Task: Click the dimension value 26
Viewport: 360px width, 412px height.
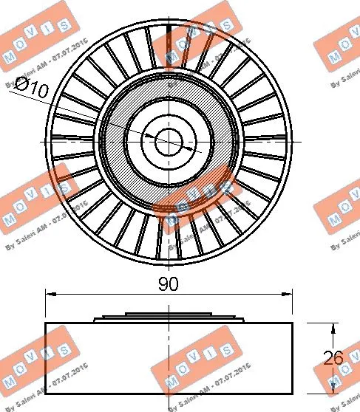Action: (333, 359)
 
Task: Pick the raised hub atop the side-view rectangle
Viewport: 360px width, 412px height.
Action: (169, 318)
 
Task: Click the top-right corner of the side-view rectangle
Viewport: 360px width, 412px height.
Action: (293, 323)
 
